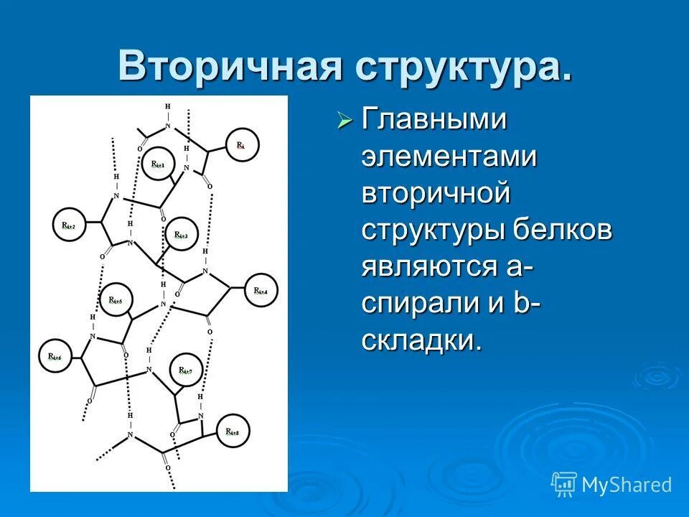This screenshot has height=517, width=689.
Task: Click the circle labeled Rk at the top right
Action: (x=242, y=146)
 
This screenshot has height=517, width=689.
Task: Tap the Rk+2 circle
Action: (x=70, y=226)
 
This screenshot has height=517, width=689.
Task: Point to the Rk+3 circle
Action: (x=182, y=235)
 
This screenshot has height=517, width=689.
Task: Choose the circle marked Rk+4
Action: (x=261, y=291)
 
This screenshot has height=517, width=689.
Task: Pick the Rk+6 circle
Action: (x=55, y=357)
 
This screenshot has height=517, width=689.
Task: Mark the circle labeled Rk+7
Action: (x=186, y=371)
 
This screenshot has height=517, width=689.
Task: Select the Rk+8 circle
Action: (x=233, y=432)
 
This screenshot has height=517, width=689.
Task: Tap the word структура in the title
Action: (x=461, y=66)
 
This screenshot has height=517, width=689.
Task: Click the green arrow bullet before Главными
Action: (x=345, y=121)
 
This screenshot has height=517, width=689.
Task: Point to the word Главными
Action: (x=434, y=119)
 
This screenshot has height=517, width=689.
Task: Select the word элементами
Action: (x=449, y=156)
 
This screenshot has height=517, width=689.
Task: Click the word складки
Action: (x=421, y=339)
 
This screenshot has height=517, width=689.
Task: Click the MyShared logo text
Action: (x=627, y=485)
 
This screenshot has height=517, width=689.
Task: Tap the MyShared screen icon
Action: (x=563, y=485)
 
